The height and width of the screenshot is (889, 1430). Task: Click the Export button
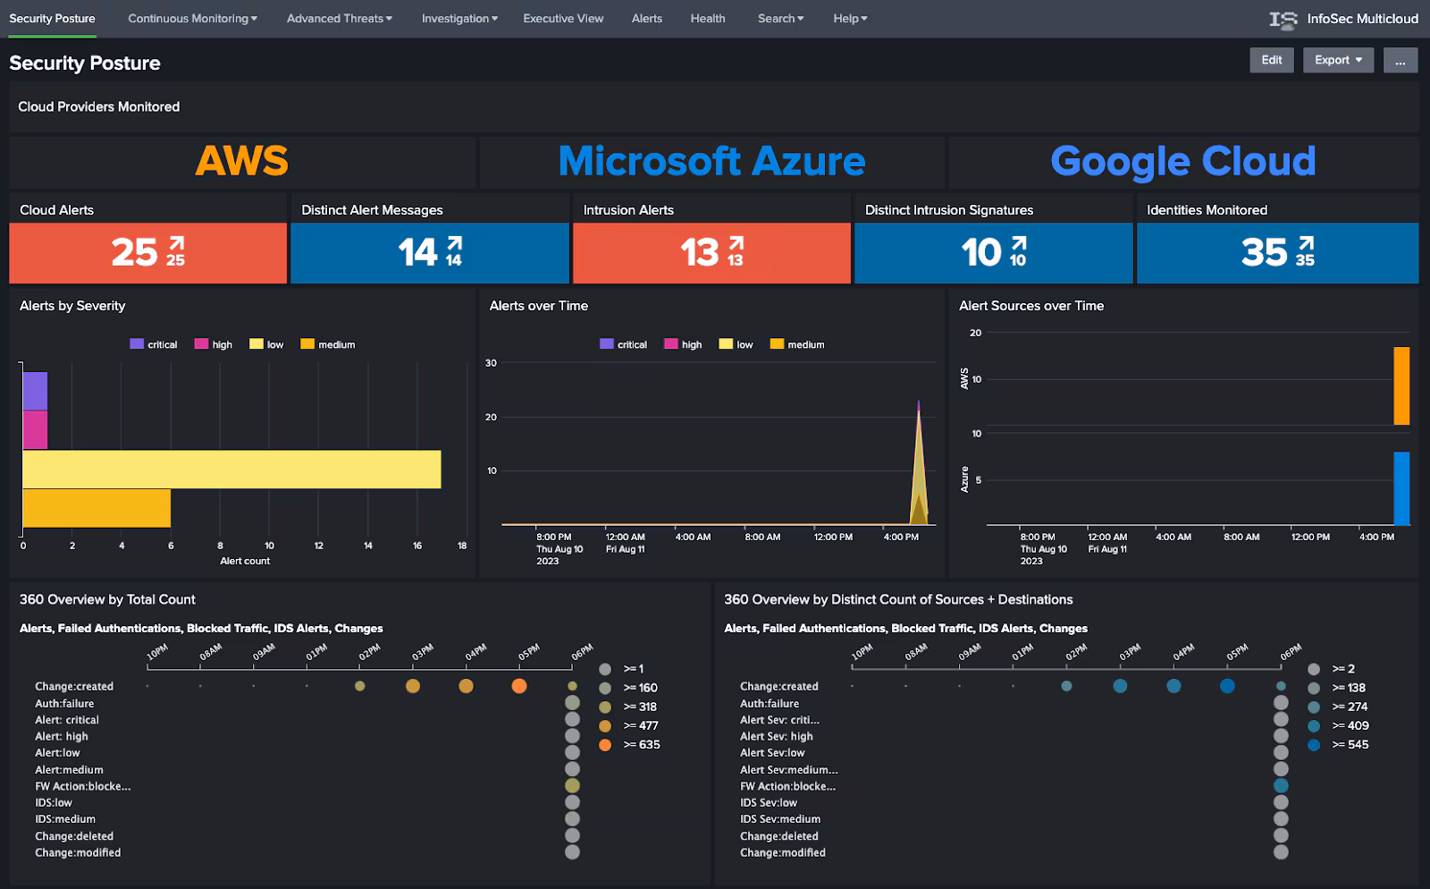[x=1337, y=60]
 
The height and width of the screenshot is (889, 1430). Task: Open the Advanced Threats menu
[x=339, y=18]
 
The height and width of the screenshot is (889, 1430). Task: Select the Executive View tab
[x=563, y=18]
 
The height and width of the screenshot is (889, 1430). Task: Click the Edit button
[x=1271, y=60]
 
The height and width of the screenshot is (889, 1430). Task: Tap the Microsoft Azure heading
[x=711, y=162]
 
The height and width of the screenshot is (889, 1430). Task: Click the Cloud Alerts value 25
[x=135, y=253]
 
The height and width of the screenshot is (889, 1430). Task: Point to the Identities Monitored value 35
[x=1264, y=253]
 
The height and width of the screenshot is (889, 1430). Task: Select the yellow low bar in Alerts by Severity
[x=231, y=470]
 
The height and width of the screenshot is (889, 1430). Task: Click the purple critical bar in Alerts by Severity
[x=35, y=392]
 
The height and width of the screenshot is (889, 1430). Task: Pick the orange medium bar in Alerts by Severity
[x=97, y=508]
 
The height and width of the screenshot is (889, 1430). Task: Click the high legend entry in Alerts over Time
[x=684, y=344]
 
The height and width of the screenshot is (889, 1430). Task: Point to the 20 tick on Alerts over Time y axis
[x=491, y=417]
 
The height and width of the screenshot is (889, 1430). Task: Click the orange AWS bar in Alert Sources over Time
[x=1401, y=385]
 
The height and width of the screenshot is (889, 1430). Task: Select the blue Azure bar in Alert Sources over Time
[x=1401, y=488]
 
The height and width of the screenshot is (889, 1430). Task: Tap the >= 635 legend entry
[x=641, y=744]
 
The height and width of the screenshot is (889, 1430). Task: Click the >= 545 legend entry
[x=1350, y=744]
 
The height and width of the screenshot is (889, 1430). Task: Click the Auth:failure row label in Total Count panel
[x=64, y=703]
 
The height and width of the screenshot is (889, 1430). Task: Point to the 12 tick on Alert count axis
[x=318, y=546]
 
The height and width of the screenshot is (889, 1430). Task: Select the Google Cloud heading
[x=1182, y=162]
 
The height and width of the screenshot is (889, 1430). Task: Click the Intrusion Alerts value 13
[x=700, y=253]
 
